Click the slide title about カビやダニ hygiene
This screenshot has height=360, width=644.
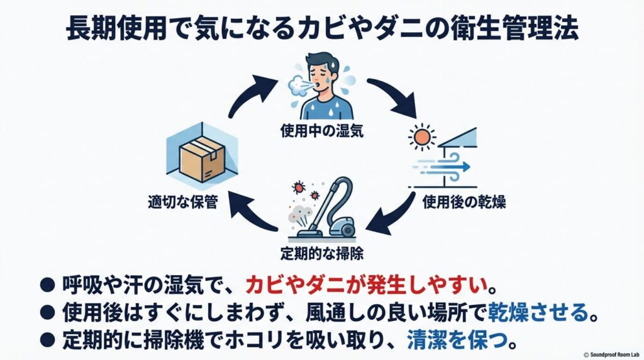click(x=322, y=30)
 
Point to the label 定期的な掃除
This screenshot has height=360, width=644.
click(x=322, y=254)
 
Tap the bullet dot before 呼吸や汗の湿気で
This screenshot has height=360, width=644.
click(x=47, y=286)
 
